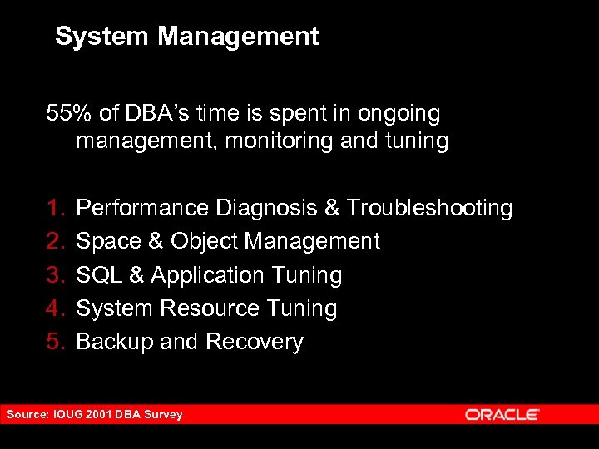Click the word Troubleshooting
[429, 208]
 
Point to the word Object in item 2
[205, 241]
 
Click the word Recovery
[255, 343]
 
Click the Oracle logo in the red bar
[502, 414]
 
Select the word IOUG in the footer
[68, 414]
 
